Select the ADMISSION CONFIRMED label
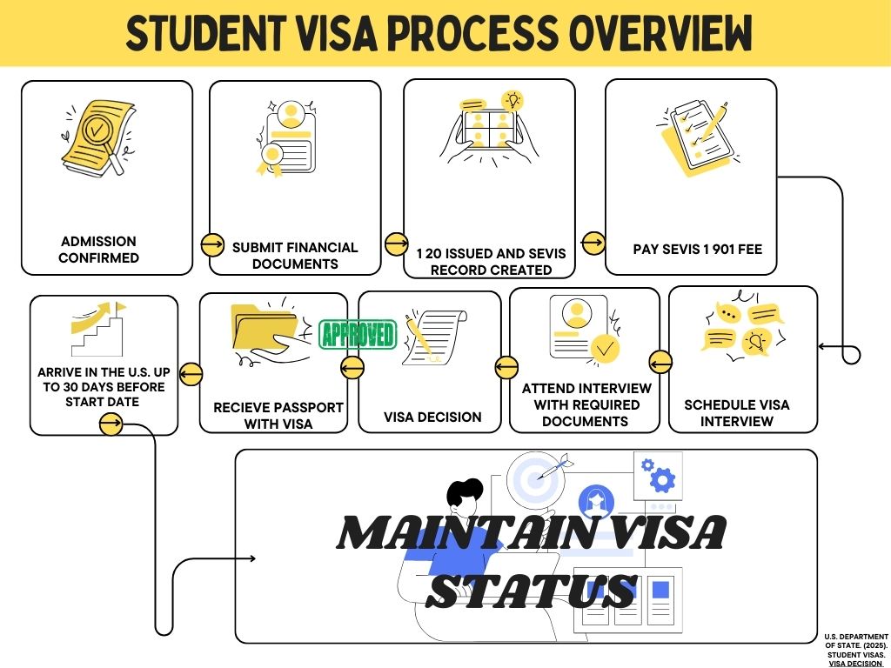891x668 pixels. pos(98,249)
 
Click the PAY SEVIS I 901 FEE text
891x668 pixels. pos(697,250)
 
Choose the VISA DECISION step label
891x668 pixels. pos(432,417)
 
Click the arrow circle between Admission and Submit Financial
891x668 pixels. pos(212,244)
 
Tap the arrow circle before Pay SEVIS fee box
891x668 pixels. pos(593,244)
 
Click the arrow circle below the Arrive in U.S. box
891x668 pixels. pos(111,424)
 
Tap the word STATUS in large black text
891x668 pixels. pos(532,590)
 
